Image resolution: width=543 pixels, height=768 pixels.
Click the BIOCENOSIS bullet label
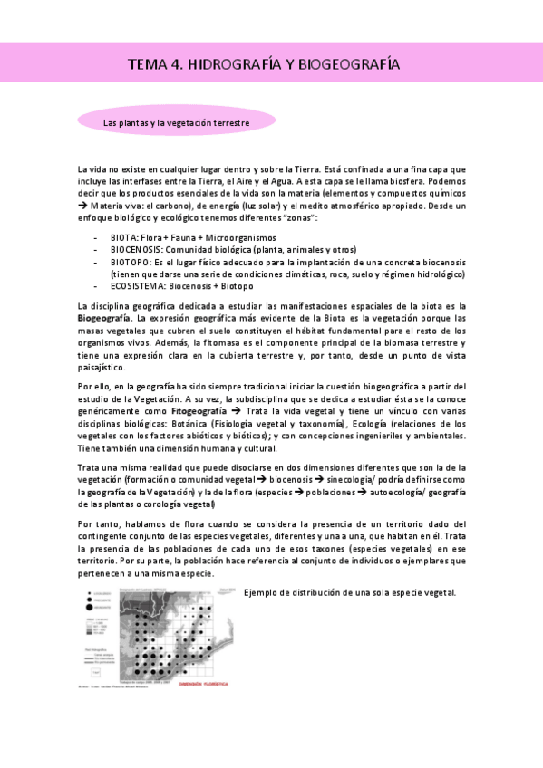click(x=137, y=249)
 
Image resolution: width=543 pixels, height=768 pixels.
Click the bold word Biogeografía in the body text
click(x=104, y=319)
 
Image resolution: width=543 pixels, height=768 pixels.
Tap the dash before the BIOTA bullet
click(x=96, y=236)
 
